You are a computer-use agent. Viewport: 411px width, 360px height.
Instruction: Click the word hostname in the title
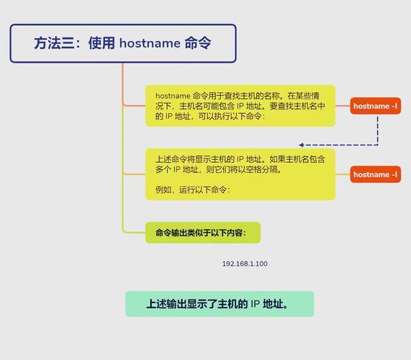(x=150, y=43)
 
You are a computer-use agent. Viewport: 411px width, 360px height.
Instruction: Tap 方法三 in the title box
(x=55, y=43)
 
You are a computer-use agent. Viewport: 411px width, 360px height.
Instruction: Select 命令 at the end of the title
(x=198, y=43)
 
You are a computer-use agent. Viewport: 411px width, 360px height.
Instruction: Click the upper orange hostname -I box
(x=375, y=106)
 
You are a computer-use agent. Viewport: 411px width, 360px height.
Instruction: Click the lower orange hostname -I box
(x=375, y=174)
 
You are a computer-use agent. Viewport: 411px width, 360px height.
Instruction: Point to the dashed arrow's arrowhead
(x=302, y=145)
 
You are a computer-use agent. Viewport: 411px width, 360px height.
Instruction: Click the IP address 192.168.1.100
(x=245, y=264)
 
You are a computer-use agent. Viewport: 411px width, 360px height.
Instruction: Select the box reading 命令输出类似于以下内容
(x=203, y=233)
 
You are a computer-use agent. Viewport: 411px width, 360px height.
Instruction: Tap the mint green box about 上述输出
(x=220, y=304)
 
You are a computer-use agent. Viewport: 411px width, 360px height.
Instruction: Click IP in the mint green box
(x=255, y=304)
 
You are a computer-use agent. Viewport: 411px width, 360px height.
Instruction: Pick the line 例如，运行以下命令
(x=193, y=189)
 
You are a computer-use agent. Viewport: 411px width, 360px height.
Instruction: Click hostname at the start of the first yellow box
(x=173, y=96)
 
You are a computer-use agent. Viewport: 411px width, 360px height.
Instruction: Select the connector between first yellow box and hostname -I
(x=343, y=106)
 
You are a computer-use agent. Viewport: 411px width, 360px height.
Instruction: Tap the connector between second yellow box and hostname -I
(x=343, y=174)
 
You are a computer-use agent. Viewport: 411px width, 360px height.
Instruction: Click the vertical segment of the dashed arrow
(x=377, y=130)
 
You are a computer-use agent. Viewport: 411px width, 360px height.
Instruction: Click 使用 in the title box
(x=101, y=43)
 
